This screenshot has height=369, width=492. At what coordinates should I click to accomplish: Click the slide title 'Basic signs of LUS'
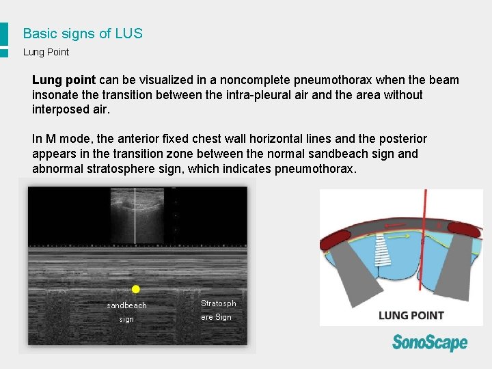tap(83, 33)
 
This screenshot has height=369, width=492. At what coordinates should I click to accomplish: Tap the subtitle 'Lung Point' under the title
tap(46, 52)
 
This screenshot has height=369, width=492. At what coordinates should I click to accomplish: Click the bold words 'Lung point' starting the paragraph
tap(64, 81)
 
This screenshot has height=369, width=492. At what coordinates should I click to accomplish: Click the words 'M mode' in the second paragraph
tap(67, 139)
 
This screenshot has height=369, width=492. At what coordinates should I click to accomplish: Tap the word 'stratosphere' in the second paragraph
tap(125, 169)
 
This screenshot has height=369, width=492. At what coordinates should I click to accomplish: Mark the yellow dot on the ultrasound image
tap(135, 289)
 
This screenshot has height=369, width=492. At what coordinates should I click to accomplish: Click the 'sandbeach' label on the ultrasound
tap(126, 305)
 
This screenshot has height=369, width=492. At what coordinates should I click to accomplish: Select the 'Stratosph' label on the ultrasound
tap(218, 303)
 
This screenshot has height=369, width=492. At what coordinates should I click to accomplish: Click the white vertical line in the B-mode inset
tap(135, 215)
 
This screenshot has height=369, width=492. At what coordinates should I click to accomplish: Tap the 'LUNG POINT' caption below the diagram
tap(411, 315)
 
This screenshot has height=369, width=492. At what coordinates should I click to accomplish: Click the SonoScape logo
tap(430, 342)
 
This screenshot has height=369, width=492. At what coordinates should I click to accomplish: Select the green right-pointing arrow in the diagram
tap(399, 236)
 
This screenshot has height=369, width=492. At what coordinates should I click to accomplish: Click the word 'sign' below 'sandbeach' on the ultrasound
tap(126, 319)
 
